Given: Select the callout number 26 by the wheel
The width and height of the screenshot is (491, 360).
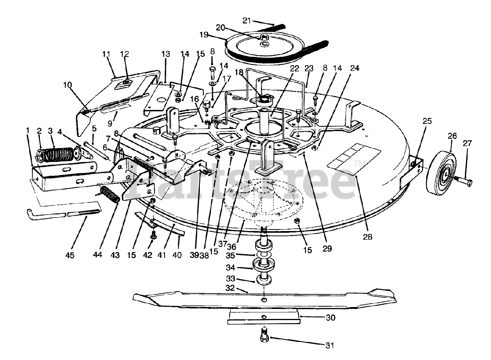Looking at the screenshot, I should pos(452,135).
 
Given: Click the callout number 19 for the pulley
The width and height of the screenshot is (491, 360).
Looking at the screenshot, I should pos(204,35).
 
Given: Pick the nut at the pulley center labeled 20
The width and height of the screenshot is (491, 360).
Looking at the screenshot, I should pos(263,38).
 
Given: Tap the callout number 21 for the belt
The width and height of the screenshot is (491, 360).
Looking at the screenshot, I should pos(246,20).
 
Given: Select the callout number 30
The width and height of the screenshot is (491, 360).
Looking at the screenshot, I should pos(331,318).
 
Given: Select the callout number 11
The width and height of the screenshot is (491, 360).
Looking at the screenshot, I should pos(106,54).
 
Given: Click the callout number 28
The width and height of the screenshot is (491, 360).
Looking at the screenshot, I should pos(367,237).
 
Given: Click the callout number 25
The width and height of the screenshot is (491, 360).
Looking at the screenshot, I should pos(427,121).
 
